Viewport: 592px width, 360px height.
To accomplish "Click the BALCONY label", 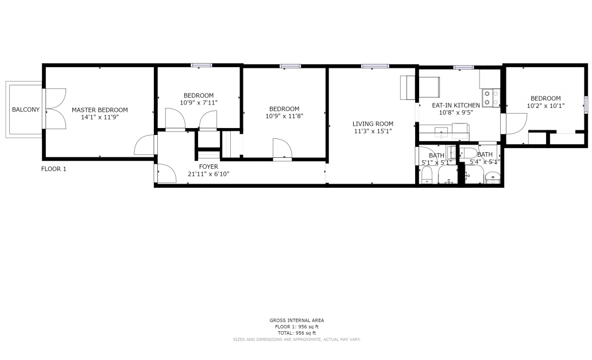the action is pyautogui.click(x=26, y=110).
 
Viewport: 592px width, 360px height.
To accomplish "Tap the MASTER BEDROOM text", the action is pyautogui.click(x=100, y=110).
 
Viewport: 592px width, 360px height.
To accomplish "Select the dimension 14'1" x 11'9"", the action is pyautogui.click(x=100, y=117).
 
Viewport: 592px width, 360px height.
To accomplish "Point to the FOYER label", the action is pyautogui.click(x=208, y=167).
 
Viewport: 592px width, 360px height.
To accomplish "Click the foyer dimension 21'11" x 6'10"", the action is pyautogui.click(x=208, y=174).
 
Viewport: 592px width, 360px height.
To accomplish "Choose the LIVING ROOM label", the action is pyautogui.click(x=373, y=124).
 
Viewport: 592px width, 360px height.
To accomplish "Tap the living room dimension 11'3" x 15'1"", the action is pyautogui.click(x=373, y=131).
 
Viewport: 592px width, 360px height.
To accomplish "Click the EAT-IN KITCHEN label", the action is pyautogui.click(x=456, y=105).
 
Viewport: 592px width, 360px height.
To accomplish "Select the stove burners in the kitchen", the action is pyautogui.click(x=491, y=98).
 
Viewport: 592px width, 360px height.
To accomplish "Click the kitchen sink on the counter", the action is pyautogui.click(x=441, y=133).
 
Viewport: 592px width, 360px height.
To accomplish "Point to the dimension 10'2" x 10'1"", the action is pyautogui.click(x=545, y=106).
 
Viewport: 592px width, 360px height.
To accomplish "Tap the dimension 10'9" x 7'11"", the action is pyautogui.click(x=199, y=103).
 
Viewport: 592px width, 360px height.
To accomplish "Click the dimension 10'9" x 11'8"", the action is pyautogui.click(x=284, y=116).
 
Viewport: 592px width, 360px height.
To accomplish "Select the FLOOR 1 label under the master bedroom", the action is pyautogui.click(x=53, y=169).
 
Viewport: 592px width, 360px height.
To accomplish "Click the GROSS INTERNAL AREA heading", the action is pyautogui.click(x=297, y=320).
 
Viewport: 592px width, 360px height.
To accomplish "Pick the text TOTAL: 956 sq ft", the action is pyautogui.click(x=297, y=333).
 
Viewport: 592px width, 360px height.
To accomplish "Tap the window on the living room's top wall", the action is pyautogui.click(x=374, y=66).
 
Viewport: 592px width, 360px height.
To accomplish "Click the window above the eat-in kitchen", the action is pyautogui.click(x=463, y=67).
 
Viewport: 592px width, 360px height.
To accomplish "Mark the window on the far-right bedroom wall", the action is pyautogui.click(x=586, y=104).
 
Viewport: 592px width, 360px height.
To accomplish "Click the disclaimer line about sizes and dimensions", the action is pyautogui.click(x=297, y=340).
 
